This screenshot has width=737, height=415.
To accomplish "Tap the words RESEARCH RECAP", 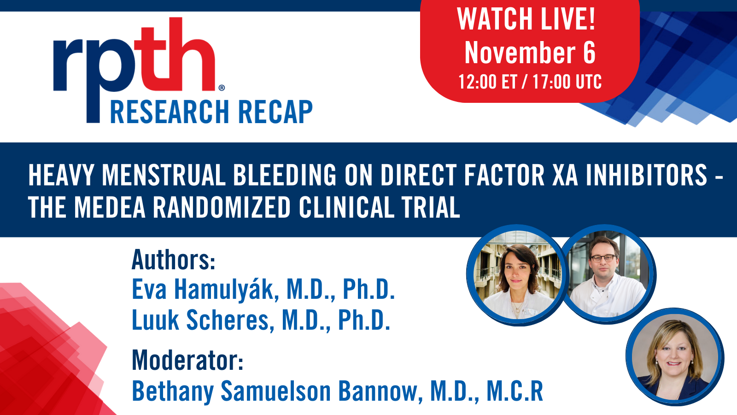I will coord(211,112).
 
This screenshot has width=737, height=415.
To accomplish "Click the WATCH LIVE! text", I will coord(526,19).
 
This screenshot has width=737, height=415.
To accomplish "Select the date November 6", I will coord(530,53).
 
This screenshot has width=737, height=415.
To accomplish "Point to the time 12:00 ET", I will coord(487,82).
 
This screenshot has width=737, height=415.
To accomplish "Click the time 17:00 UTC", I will coord(567,82).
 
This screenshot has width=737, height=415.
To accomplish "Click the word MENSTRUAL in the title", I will coord(163,175).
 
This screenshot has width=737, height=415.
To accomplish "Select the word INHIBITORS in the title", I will coord(646,175).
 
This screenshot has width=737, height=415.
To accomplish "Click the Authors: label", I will coord(173,260).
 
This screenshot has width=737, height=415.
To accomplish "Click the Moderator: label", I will coord(187,360).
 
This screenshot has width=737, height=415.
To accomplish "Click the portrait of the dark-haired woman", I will coord(516,276).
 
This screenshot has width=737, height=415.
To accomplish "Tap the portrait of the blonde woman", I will coord(675,357).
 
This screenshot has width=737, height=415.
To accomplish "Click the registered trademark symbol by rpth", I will coord(222,88).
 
